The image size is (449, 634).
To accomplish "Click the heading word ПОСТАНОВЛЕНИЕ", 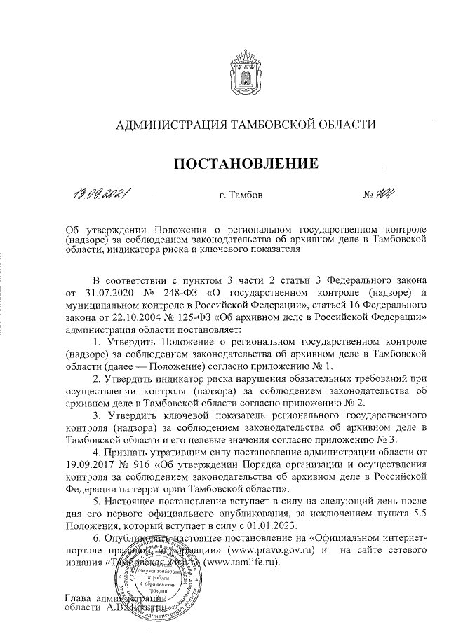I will point(246,164).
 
